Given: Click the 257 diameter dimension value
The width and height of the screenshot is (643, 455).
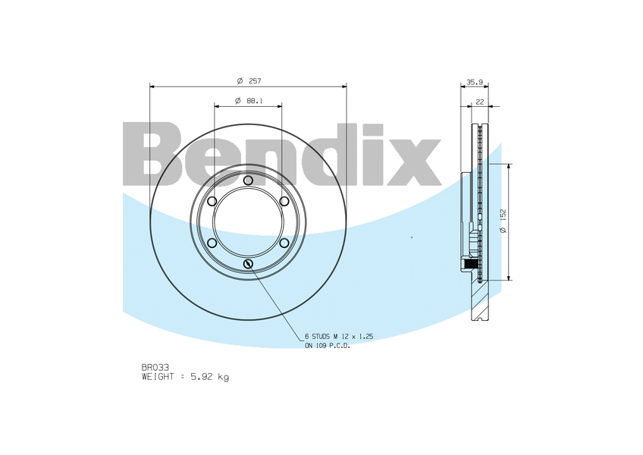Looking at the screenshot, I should tap(255, 80).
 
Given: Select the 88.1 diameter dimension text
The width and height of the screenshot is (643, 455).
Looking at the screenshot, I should tap(255, 100).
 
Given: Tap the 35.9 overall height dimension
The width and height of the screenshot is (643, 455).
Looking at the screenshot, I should tap(475, 81).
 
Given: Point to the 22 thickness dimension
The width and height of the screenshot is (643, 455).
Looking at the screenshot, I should tap(480, 101).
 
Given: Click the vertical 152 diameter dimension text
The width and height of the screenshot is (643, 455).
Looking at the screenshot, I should tap(503, 221).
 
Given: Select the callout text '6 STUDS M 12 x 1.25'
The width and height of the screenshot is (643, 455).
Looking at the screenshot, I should tap(338, 335).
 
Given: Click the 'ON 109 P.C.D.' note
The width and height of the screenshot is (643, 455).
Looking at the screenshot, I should tap(327, 345).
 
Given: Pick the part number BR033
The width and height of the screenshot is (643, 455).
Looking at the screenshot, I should tap(155, 367).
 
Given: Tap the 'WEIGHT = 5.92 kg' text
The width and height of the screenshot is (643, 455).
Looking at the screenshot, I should tap(185, 377).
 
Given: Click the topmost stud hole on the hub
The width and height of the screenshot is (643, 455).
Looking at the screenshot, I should tap(248, 180).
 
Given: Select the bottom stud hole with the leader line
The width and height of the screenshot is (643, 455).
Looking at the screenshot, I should tap(248, 263).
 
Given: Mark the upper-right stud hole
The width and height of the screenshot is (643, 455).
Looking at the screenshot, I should tap(284, 201).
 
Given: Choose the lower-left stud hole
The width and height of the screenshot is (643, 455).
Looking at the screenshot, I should tap(212, 243).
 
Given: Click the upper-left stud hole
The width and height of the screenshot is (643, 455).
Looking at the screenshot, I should tap(212, 201).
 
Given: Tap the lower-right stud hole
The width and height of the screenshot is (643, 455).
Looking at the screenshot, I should tap(284, 243).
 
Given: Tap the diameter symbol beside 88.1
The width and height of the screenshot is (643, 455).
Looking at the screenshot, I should tap(237, 100).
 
